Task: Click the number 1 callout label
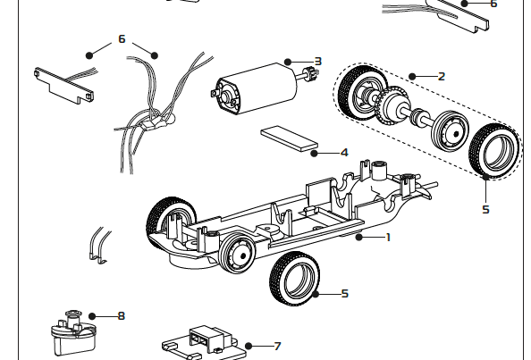(388, 237)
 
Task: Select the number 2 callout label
(441, 76)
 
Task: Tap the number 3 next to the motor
(316, 61)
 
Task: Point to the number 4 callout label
(344, 153)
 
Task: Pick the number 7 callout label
(277, 346)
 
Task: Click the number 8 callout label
(121, 315)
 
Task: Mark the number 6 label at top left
(122, 39)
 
